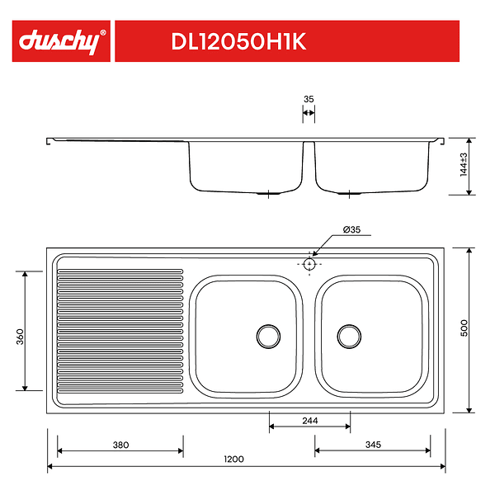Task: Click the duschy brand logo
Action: tap(60, 41)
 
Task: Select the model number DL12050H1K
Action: tap(238, 41)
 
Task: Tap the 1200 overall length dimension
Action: tap(234, 459)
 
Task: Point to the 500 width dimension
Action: tap(464, 328)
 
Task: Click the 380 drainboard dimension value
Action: tap(121, 445)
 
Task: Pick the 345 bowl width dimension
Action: tap(373, 445)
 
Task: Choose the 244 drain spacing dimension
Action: tap(310, 421)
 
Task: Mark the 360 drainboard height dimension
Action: tap(20, 337)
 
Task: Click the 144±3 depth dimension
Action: tap(464, 164)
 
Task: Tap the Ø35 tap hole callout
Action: tap(351, 229)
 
